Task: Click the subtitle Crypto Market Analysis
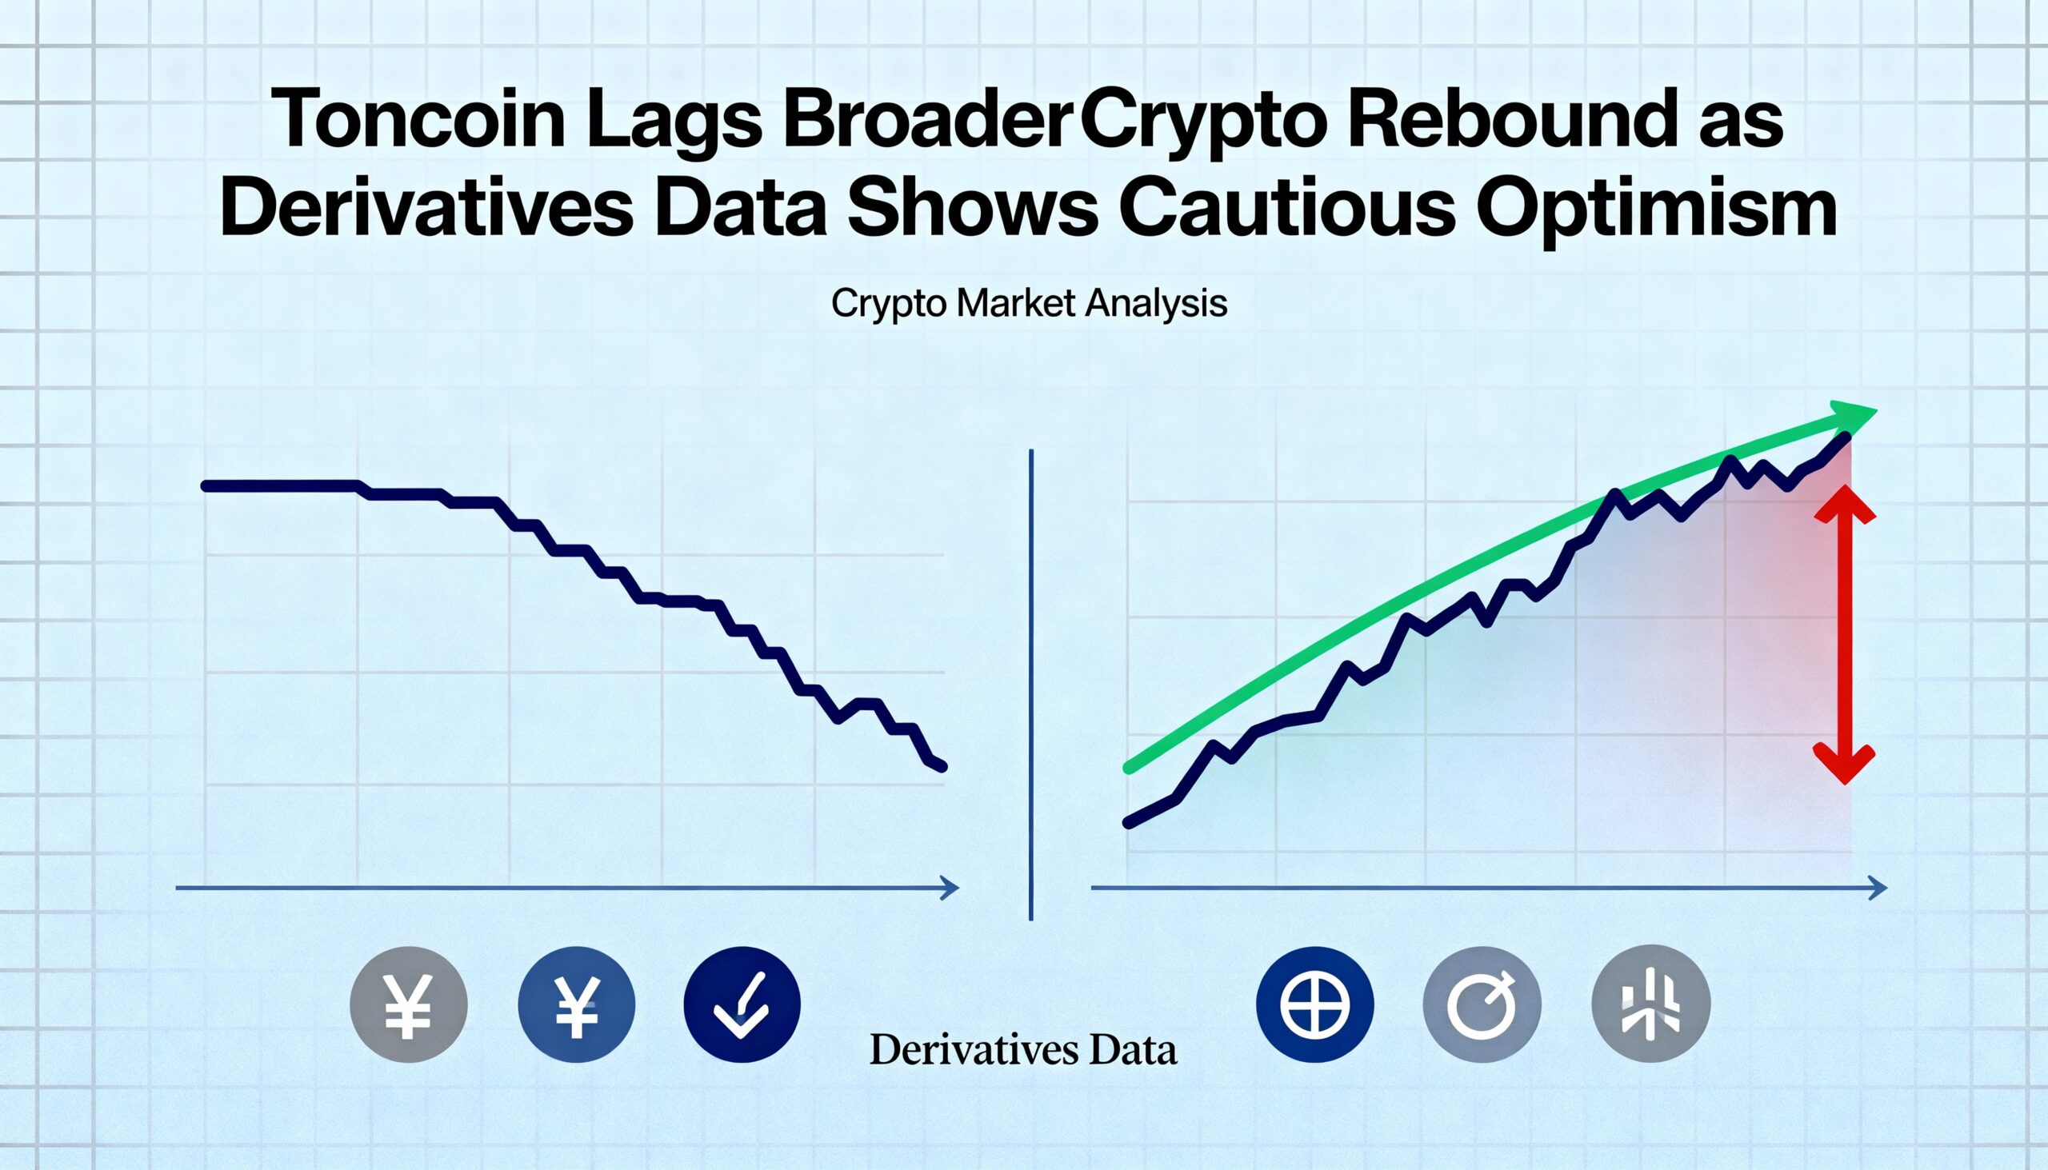coord(1029,305)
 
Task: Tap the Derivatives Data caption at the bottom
coord(1023,1050)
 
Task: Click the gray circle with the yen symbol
coord(408,1004)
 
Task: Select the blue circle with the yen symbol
coord(576,1004)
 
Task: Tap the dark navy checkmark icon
coord(742,1004)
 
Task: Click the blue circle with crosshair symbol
coord(1315,1004)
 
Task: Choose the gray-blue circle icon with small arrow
coord(1482,1004)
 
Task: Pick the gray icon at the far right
coord(1651,1004)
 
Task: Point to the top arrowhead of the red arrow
coord(1845,506)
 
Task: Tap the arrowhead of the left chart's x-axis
coord(950,888)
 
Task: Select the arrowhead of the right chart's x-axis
coord(1878,888)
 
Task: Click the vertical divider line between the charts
coord(1030,683)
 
